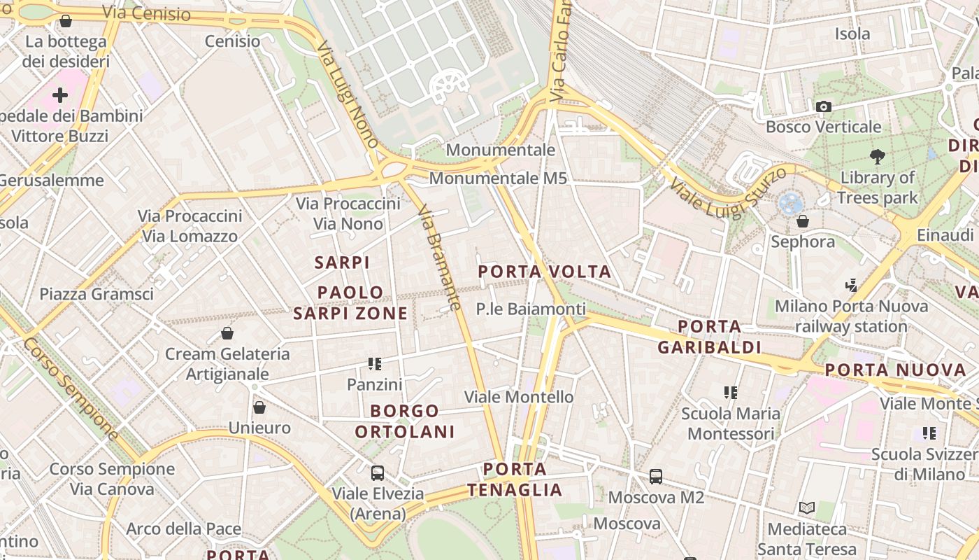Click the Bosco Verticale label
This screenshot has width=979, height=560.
pos(823,127)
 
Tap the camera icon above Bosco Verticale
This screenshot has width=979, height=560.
pos(824,106)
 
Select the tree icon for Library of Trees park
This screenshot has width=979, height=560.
pos(877,156)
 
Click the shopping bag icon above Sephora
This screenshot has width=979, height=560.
pos(803,221)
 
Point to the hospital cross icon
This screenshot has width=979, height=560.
pos(60,94)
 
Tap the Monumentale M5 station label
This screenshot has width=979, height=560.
pos(497,178)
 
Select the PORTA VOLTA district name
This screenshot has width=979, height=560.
pos(544,272)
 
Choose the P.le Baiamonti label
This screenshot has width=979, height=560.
pos(531,309)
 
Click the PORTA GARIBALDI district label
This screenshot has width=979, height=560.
pos(709,337)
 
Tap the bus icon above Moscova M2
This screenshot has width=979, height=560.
pos(656,477)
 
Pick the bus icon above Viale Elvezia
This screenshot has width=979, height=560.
pos(378,472)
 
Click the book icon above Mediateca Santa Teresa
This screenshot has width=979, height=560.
pos(806,508)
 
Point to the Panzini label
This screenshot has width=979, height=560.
pos(375,384)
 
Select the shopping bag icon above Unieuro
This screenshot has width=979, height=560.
pos(259,407)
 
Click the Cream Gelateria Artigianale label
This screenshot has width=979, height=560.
pos(227,364)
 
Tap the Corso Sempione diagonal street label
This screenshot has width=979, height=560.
pos(70,388)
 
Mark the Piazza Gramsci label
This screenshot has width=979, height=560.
pos(97,294)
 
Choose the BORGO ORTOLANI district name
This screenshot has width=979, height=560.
pos(405,421)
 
